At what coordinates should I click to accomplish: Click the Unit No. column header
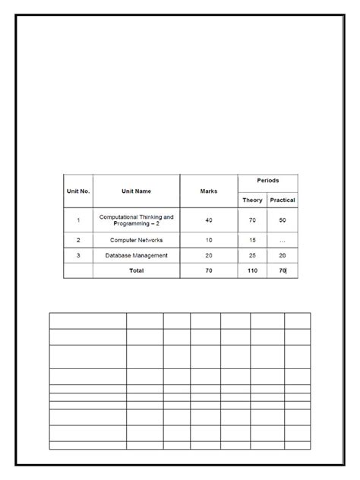(77, 191)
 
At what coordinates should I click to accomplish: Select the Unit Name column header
(137, 191)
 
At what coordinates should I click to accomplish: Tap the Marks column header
(208, 191)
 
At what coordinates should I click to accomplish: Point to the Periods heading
(267, 181)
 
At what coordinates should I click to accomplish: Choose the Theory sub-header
(252, 201)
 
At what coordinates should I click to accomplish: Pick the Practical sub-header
(283, 201)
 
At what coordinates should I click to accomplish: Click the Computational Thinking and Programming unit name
(137, 220)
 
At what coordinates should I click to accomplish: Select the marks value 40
(208, 220)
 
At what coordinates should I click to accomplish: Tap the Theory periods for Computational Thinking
(252, 220)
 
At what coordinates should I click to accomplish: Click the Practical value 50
(283, 220)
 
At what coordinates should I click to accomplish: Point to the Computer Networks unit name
(137, 240)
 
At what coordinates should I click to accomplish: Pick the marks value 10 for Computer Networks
(208, 240)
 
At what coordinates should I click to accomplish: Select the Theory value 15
(252, 240)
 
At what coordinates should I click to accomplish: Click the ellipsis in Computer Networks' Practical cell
(283, 240)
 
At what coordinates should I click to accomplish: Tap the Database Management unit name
(137, 255)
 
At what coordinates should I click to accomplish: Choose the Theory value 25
(252, 255)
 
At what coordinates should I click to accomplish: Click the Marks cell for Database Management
(208, 255)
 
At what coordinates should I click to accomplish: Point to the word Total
(137, 270)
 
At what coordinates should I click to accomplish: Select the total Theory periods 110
(252, 270)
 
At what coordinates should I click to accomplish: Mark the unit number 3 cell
(77, 255)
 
